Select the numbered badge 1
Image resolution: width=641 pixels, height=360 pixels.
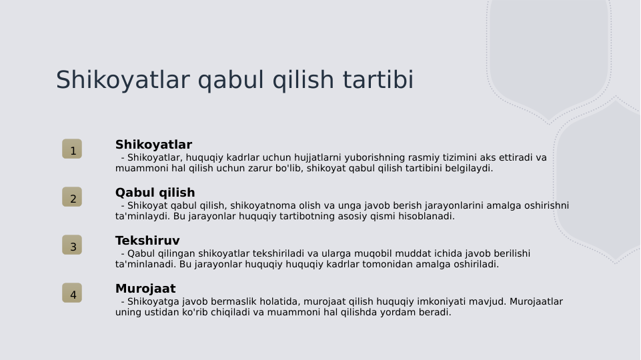(72, 149)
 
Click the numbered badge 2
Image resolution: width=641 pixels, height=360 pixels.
(72, 197)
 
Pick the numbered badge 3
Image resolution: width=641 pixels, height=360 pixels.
(72, 245)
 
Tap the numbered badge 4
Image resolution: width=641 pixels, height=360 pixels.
(72, 293)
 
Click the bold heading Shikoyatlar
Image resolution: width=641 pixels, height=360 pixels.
(153, 145)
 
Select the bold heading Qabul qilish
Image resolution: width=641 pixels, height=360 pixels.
(155, 193)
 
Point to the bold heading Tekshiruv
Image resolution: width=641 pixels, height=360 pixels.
(147, 241)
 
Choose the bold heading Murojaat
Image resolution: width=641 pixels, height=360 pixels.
(145, 289)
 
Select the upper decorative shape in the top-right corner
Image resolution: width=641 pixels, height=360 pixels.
(549, 53)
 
